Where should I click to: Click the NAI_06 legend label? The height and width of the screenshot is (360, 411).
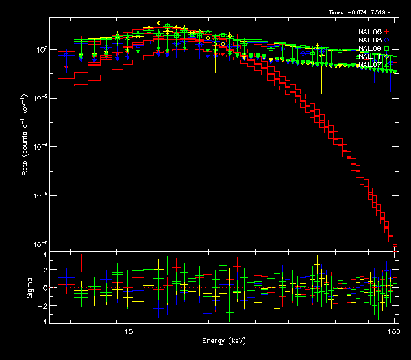click(369, 32)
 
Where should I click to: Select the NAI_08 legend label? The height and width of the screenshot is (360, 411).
click(369, 40)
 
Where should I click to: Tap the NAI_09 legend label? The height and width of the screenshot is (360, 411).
click(369, 49)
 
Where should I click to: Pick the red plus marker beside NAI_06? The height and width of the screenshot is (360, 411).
click(387, 32)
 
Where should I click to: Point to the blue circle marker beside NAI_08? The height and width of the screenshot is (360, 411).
click(387, 40)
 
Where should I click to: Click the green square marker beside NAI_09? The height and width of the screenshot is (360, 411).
click(387, 49)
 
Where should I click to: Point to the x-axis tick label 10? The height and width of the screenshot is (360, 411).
click(128, 330)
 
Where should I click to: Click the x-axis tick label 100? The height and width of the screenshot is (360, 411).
click(393, 330)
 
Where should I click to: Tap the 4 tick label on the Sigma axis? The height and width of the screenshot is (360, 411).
click(45, 254)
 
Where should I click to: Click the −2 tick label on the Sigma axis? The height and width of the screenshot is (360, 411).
click(43, 305)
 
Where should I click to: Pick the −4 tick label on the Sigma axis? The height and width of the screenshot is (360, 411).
click(43, 320)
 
